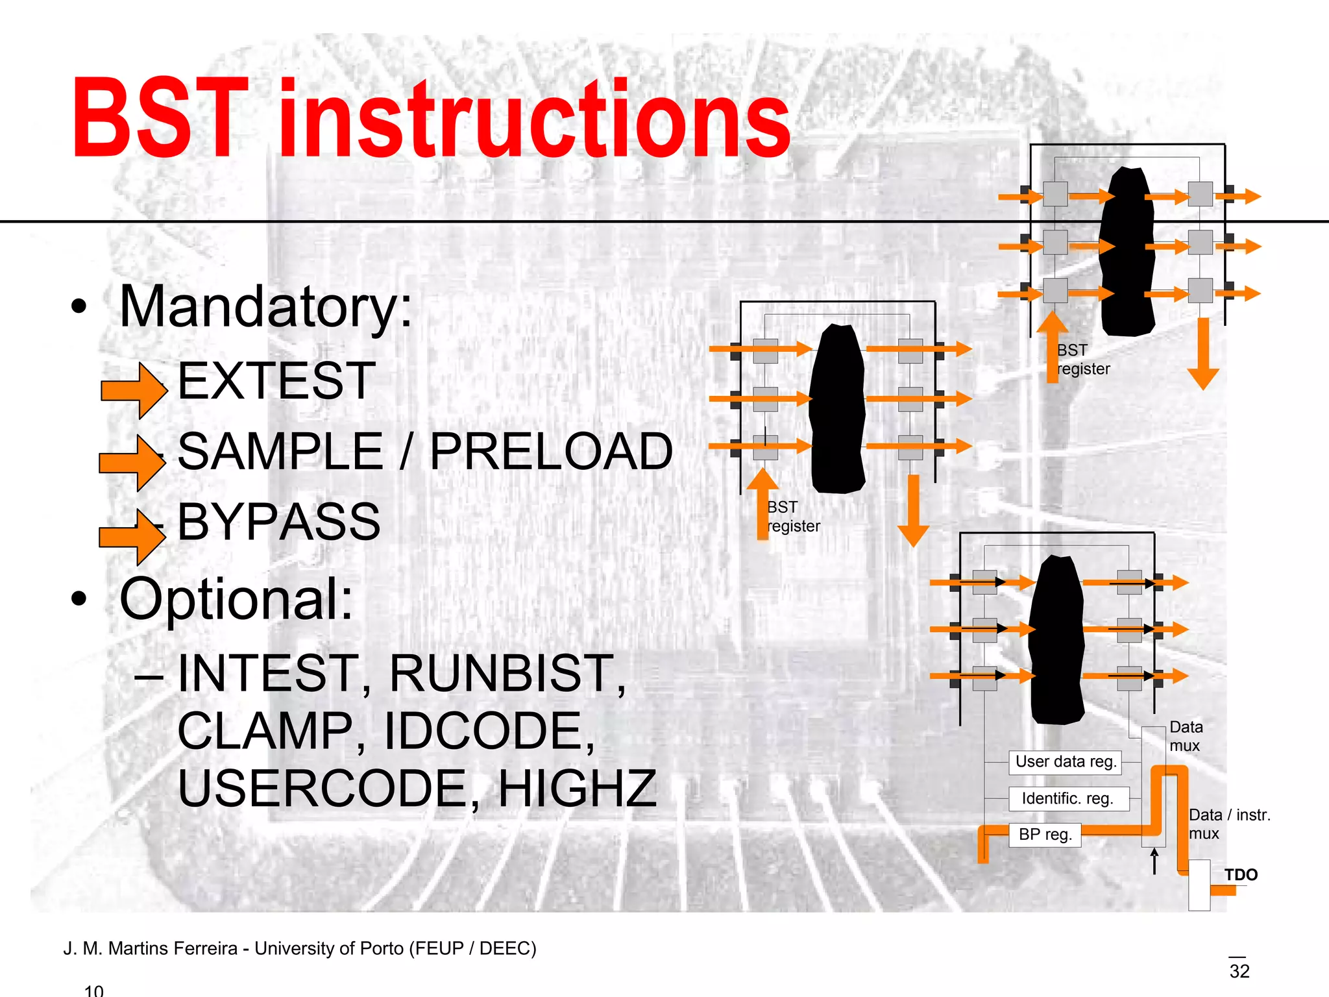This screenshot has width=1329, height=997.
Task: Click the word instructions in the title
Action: tap(534, 118)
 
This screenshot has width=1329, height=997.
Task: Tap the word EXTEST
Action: tap(276, 381)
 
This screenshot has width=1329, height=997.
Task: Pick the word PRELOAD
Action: tap(551, 451)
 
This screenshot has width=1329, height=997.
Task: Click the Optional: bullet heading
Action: tap(236, 598)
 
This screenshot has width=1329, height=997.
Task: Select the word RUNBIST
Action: tap(507, 673)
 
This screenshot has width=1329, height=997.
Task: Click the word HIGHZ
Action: tap(577, 788)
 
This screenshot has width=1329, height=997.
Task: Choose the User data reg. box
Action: tap(1065, 762)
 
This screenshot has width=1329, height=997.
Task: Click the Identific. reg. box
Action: tap(1068, 798)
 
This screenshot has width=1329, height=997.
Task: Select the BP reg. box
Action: tap(1044, 835)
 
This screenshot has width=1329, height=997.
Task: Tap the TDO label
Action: tap(1240, 875)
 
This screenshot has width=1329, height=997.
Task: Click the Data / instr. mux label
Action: tap(1228, 824)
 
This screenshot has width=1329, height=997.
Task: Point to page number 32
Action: tap(1239, 971)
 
